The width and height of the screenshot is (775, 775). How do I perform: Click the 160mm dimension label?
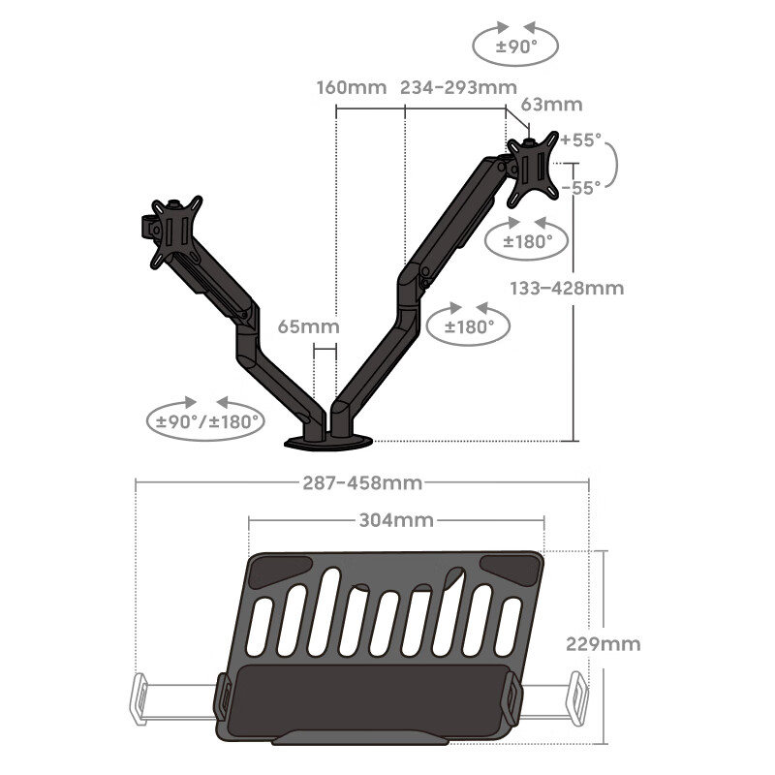(352, 87)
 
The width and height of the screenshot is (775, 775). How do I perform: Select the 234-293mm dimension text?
(458, 87)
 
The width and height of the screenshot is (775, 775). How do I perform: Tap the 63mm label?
(551, 105)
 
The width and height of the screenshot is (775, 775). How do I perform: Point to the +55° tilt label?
(581, 139)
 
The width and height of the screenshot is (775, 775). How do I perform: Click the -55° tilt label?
(581, 187)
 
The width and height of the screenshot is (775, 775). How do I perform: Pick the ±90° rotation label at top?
(516, 46)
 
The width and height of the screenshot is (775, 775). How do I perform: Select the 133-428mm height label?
(567, 288)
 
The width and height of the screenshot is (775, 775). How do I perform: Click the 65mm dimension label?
(308, 326)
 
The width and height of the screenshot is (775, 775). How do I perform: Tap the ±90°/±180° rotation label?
(207, 421)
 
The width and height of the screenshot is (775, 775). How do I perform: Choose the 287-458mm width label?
(362, 482)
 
